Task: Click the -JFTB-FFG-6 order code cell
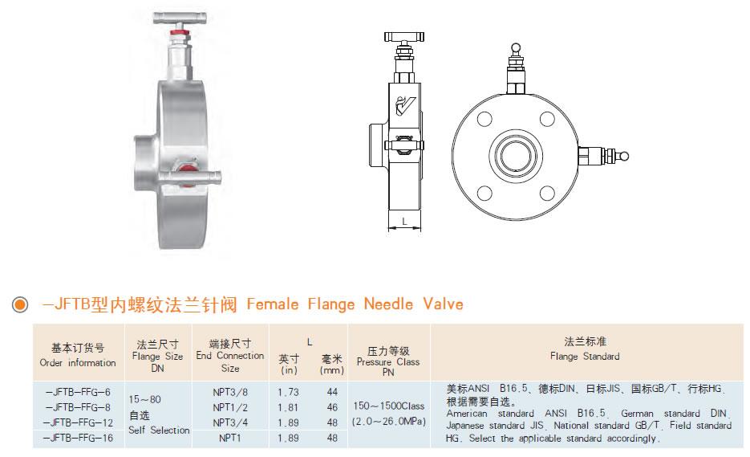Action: pyautogui.click(x=79, y=391)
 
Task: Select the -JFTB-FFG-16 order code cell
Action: pyautogui.click(x=79, y=439)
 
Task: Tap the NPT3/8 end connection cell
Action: pyautogui.click(x=229, y=391)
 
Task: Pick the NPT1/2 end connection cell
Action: pyautogui.click(x=229, y=407)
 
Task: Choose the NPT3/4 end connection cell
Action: pyautogui.click(x=229, y=422)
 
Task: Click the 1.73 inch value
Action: pyautogui.click(x=288, y=391)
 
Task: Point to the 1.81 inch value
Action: pyautogui.click(x=288, y=407)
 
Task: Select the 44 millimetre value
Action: pyautogui.click(x=331, y=391)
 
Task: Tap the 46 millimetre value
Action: pyautogui.click(x=331, y=407)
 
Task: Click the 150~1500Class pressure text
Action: pyautogui.click(x=388, y=407)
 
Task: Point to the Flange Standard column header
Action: pyautogui.click(x=585, y=356)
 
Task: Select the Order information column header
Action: pyautogui.click(x=78, y=362)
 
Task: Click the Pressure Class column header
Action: pyautogui.click(x=388, y=361)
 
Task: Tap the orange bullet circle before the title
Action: pyautogui.click(x=18, y=305)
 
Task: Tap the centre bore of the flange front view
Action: pyautogui.click(x=516, y=155)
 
